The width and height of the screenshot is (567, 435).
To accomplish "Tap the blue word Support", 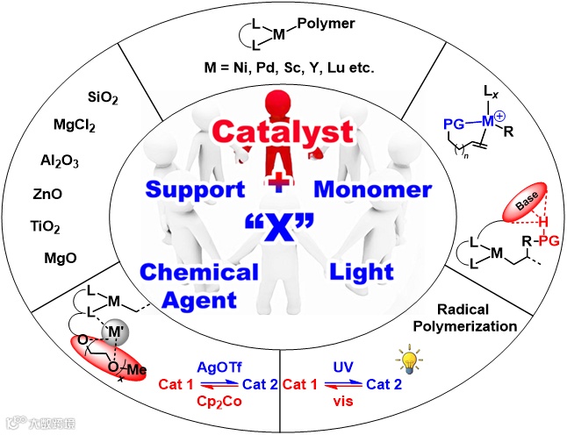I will pyautogui.click(x=195, y=189).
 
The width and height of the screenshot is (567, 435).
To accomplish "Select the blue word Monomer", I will pyautogui.click(x=376, y=189).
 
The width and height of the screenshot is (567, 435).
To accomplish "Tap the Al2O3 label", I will pyautogui.click(x=56, y=160).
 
